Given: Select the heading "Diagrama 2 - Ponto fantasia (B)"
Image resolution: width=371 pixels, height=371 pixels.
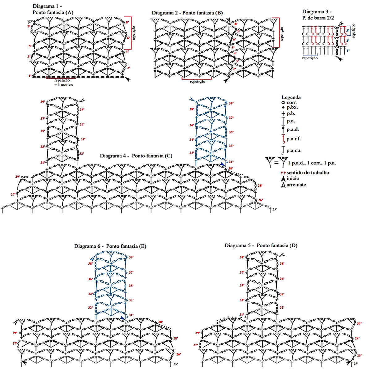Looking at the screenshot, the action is click(x=187, y=13).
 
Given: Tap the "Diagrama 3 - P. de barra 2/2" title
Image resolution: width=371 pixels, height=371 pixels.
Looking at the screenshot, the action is click(x=318, y=15).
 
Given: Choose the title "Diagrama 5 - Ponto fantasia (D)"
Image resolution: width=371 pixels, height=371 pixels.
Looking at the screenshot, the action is click(x=261, y=245).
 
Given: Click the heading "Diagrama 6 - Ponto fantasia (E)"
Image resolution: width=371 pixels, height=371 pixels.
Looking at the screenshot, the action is click(x=110, y=246).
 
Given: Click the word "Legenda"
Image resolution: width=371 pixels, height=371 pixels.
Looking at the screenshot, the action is click(x=291, y=97).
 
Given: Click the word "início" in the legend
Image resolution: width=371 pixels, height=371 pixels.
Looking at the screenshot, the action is click(x=293, y=178).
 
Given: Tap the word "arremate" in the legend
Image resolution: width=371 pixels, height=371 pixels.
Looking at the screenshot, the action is click(x=296, y=185).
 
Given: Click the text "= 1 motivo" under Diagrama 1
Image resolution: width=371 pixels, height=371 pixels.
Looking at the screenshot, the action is click(x=63, y=85).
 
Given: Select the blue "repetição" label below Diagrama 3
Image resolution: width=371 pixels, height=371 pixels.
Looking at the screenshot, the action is click(x=310, y=58).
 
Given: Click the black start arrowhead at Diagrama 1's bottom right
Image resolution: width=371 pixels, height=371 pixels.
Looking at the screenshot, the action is click(x=127, y=79).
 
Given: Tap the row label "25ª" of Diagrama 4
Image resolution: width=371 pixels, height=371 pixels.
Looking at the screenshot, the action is click(x=275, y=210).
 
